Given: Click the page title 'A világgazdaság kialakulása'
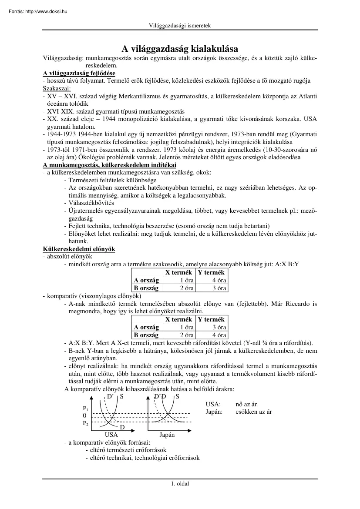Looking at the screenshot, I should click(x=179, y=49).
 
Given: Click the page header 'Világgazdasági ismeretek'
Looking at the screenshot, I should click(x=180, y=26).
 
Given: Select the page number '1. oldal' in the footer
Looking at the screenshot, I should click(x=180, y=483).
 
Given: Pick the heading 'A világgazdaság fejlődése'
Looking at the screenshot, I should click(x=79, y=73).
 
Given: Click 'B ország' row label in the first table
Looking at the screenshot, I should click(x=146, y=288).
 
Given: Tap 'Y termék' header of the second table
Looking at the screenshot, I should click(x=211, y=319).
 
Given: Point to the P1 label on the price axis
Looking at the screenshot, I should click(x=85, y=409).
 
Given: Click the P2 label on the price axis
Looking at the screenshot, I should click(x=85, y=423).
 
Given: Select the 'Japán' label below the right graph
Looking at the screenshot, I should click(x=167, y=435).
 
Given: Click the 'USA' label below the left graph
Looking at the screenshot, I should click(x=111, y=435).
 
